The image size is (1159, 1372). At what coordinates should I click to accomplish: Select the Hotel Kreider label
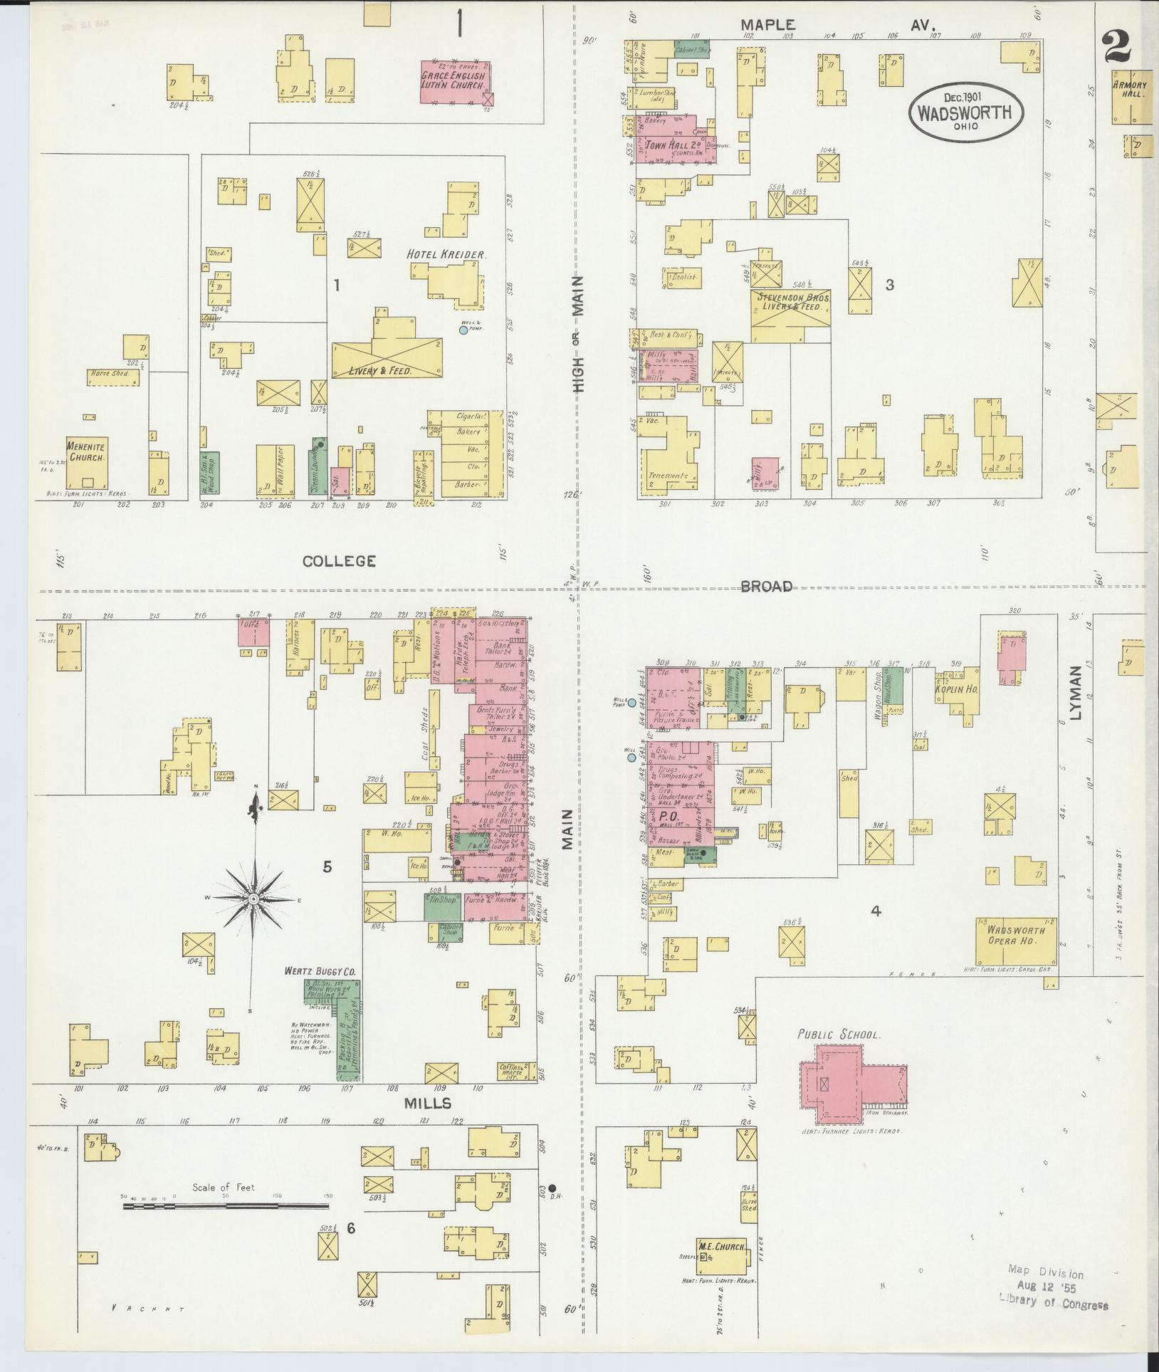point(446,254)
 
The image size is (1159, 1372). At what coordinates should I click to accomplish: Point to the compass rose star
point(253,899)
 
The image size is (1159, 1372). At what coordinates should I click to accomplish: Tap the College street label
point(339,561)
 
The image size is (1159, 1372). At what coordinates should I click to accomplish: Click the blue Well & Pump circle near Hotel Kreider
point(463,330)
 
